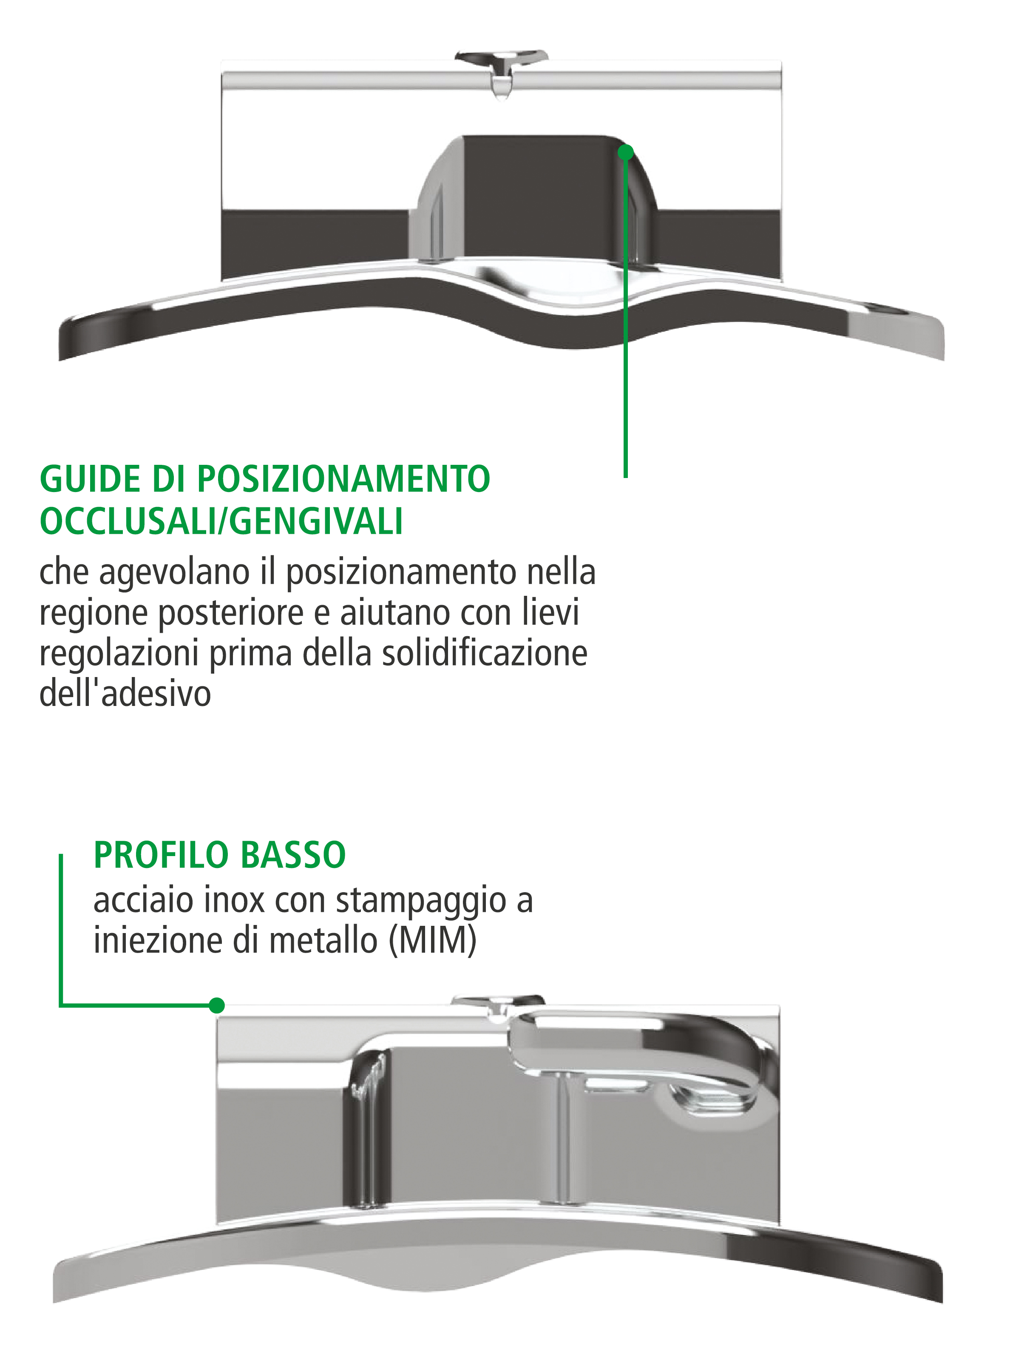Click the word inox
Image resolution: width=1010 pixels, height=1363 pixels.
pyautogui.click(x=234, y=900)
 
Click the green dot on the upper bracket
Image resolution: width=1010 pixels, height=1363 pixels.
pyautogui.click(x=625, y=152)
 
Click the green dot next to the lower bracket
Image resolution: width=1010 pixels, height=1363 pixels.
pyautogui.click(x=216, y=1005)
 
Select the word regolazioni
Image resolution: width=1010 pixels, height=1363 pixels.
pyautogui.click(x=119, y=653)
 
